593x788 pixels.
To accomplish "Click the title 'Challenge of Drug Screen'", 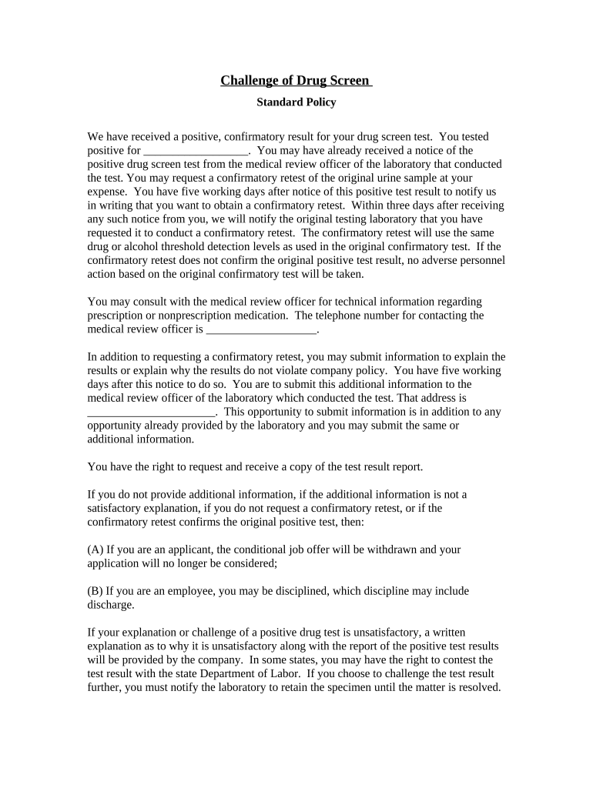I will (296, 81).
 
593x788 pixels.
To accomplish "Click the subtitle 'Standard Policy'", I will (296, 102).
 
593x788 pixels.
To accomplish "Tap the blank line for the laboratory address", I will (152, 412).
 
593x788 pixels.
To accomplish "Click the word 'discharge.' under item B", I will (111, 605).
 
